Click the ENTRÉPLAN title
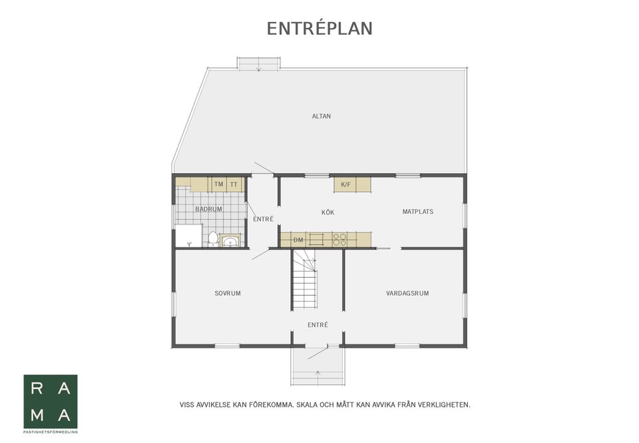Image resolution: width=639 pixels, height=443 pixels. click(x=319, y=29)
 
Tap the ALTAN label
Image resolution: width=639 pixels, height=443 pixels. click(x=321, y=117)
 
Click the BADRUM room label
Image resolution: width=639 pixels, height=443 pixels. click(x=208, y=209)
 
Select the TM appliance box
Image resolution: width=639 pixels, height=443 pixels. click(x=219, y=185)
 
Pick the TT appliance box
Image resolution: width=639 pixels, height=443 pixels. click(x=234, y=185)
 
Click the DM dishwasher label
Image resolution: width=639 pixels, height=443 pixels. click(x=298, y=240)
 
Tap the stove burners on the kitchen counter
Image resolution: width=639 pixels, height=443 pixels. click(x=339, y=239)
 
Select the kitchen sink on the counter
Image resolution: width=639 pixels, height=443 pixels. click(x=316, y=239)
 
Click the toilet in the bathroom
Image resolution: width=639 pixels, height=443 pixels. click(x=213, y=239)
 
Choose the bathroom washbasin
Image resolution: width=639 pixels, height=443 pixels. click(x=231, y=242)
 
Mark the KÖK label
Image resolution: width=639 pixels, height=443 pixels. click(x=328, y=213)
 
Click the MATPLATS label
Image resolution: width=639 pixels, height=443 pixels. click(x=418, y=212)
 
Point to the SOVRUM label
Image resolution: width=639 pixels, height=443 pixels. click(x=228, y=293)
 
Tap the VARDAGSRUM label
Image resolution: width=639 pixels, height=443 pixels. click(x=407, y=293)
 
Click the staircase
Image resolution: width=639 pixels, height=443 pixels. click(x=304, y=280)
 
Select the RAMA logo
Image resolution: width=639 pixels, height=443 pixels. click(x=51, y=402)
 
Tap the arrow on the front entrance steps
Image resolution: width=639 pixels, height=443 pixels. click(x=318, y=372)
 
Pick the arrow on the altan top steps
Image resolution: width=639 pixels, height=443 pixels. click(x=259, y=69)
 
